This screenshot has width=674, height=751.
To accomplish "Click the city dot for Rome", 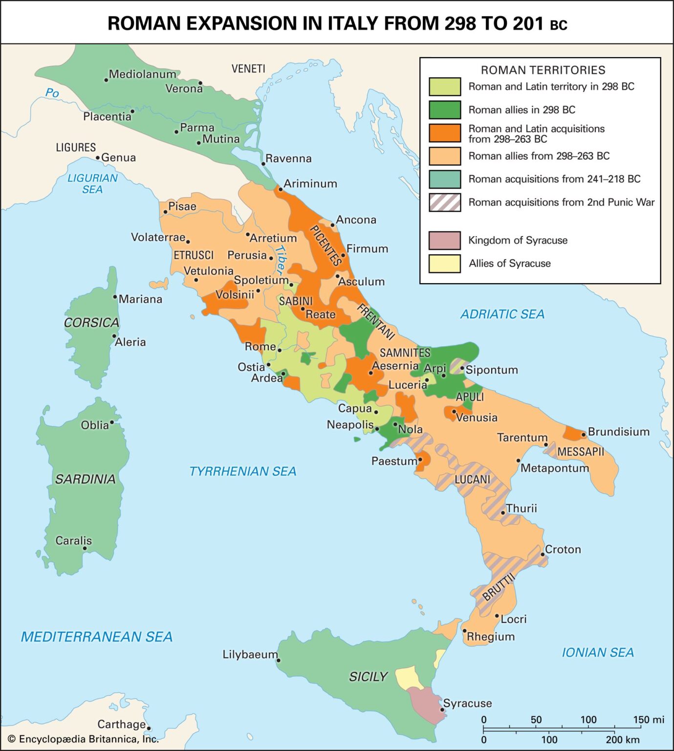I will tap(280, 350).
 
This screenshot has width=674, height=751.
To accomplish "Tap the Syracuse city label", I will tap(467, 703).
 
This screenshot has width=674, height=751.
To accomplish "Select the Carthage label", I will tap(121, 724).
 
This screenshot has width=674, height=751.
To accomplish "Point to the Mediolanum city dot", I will tap(106, 80).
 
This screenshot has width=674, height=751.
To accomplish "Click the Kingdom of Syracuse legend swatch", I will tap(444, 241).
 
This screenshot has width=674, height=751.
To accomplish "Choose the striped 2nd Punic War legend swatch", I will tap(444, 202).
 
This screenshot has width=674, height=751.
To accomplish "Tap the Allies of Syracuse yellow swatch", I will tap(444, 264).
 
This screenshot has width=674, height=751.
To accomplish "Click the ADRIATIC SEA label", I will tap(502, 314).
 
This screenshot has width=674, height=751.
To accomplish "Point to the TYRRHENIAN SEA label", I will tap(242, 471).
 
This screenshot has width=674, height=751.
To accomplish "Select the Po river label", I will tap(52, 93).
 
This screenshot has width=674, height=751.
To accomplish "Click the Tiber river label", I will tap(281, 259).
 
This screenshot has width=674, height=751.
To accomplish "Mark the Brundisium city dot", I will tap(583, 435).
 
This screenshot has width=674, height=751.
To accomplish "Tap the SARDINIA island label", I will tap(85, 479).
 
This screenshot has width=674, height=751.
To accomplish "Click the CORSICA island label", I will tap(91, 323).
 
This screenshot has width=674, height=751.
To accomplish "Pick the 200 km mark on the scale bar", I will tap(622, 740).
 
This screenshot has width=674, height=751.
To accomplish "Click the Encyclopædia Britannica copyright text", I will tap(83, 739).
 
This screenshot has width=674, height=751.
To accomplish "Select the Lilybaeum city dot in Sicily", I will tap(279, 661).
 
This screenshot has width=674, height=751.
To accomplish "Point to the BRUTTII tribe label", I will tap(499, 588).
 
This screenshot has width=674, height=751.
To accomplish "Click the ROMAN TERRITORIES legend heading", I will tap(543, 70).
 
